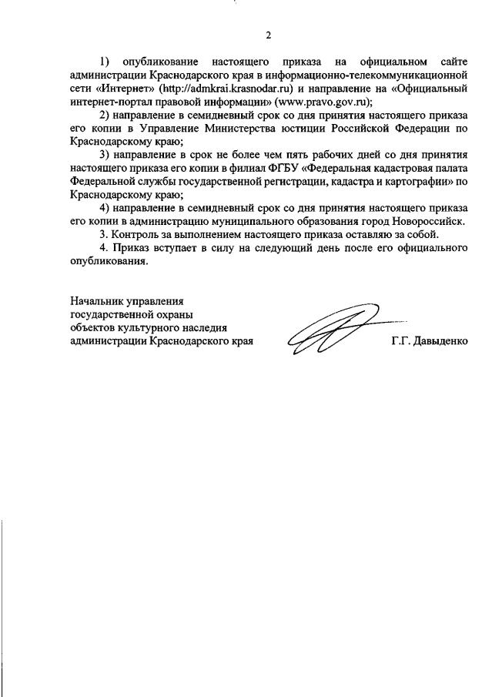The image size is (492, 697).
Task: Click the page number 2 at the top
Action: tap(267, 35)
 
